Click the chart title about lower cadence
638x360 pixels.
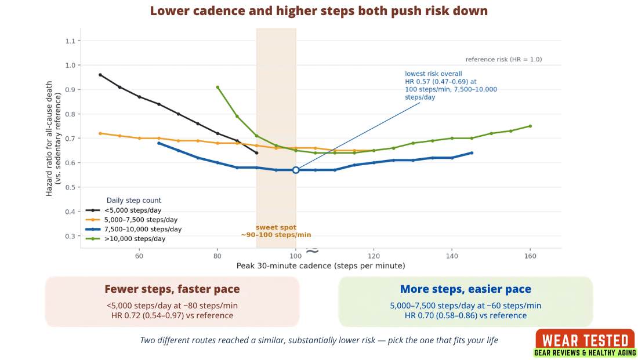tap(318, 11)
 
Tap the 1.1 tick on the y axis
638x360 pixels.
tap(70, 41)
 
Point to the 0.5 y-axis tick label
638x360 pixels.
tap(70, 187)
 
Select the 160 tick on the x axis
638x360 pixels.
tap(530, 256)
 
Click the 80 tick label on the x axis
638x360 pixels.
tap(217, 256)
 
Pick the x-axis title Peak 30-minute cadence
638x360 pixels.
tap(321, 266)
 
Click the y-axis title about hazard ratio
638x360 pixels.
tap(53, 139)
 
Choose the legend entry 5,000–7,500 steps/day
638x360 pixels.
tap(132, 220)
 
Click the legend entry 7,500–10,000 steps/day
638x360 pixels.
tap(134, 230)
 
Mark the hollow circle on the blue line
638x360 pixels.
tap(296, 170)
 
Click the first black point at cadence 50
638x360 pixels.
tap(100, 75)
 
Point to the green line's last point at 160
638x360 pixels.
tap(530, 126)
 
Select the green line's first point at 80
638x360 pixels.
tap(217, 87)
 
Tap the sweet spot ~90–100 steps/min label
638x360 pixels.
tap(276, 231)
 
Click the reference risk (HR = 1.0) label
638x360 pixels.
tap(503, 59)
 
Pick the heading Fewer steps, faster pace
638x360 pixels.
tap(172, 289)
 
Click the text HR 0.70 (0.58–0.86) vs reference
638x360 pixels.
tap(466, 316)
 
